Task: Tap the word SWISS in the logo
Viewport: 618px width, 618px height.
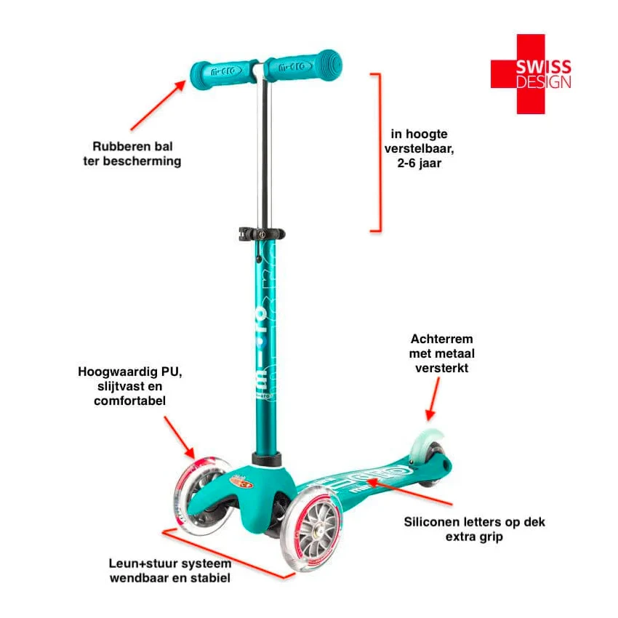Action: click(x=544, y=67)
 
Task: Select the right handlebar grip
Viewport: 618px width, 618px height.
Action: click(x=302, y=65)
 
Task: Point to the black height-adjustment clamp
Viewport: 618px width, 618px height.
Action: click(x=262, y=234)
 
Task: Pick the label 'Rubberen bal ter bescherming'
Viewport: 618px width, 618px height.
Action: click(x=132, y=153)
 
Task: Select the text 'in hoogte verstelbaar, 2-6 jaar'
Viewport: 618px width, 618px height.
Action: click(x=419, y=148)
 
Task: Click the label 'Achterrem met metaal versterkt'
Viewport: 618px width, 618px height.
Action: click(x=442, y=353)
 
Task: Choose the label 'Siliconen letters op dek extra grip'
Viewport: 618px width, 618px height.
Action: click(x=474, y=529)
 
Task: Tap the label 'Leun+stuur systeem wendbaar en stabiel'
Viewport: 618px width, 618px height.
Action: click(x=170, y=571)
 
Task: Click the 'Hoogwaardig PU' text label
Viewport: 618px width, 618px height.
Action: click(x=129, y=386)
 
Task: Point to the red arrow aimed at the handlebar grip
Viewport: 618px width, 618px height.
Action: click(x=158, y=105)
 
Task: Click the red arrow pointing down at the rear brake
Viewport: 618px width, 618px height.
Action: click(x=433, y=399)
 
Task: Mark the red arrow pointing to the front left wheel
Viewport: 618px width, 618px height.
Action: click(x=180, y=438)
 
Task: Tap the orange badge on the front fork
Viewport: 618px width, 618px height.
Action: click(x=241, y=481)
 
